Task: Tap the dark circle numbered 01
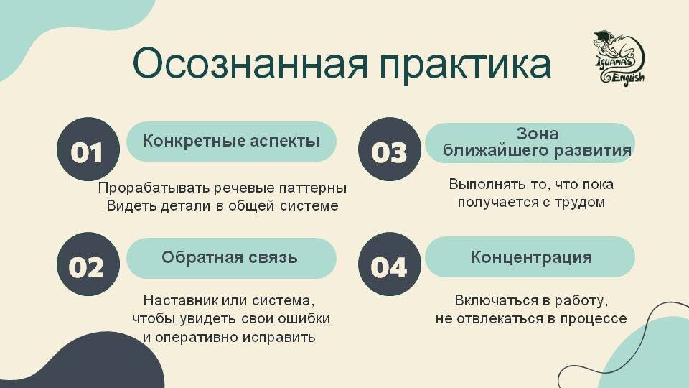pos(88,152)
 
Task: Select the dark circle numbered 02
pos(88,267)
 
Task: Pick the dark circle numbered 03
pos(389,152)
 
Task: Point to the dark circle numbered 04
pos(389,267)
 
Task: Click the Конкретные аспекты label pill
pos(231,141)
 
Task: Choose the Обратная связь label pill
pos(231,257)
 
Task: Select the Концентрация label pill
pos(530,257)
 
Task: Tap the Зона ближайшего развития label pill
pos(530,142)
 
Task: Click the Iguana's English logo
pos(618,57)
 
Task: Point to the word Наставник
pos(176,300)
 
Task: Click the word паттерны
pos(311,188)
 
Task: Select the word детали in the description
pos(175,206)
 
